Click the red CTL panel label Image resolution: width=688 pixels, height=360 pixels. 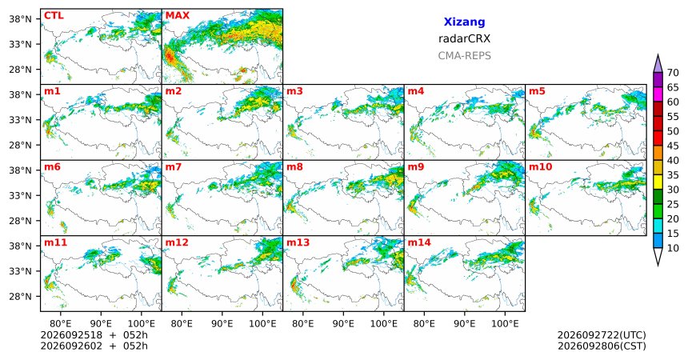pos(54,16)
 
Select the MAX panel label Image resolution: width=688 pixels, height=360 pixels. pos(178,16)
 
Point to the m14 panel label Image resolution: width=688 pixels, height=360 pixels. pos(419,242)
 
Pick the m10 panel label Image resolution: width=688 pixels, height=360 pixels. pos(541,167)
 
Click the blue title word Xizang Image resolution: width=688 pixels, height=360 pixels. pos(464,22)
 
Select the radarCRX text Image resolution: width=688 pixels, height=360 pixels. pos(464,38)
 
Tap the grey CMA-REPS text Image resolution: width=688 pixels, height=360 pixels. pos(464,56)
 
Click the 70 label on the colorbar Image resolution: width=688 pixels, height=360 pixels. pos(673,73)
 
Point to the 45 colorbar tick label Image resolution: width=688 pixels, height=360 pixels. pos(673,146)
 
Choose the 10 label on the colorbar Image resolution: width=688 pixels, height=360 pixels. pos(673,248)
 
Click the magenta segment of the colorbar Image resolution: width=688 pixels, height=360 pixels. pos(658,94)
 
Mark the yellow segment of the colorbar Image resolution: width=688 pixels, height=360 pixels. pos(658,182)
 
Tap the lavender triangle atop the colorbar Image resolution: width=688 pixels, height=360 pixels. pos(658,64)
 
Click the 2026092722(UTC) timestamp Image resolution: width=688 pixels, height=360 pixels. pos(602,335)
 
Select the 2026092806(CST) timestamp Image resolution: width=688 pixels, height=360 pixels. pos(602,346)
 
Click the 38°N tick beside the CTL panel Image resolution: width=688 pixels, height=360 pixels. pos(21,19)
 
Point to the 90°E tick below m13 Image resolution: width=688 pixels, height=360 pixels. pos(343,324)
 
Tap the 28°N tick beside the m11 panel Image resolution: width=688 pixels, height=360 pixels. pos(21,296)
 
